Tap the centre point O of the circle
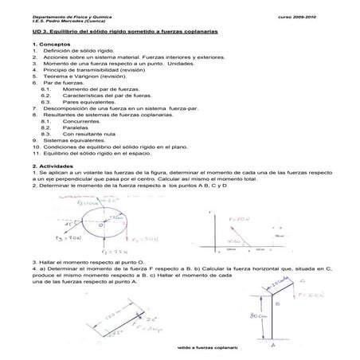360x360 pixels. tap(101, 225)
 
